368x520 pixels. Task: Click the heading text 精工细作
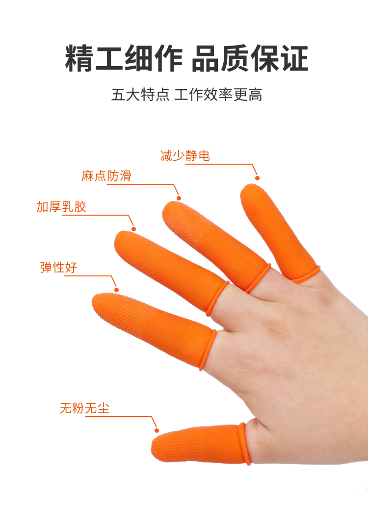(124, 58)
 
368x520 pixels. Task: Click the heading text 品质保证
(250, 58)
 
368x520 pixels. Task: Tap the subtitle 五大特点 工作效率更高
(186, 95)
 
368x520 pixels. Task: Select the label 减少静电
(185, 155)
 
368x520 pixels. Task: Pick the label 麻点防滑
(106, 176)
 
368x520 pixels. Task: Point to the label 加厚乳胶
(61, 207)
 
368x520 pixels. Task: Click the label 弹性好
(58, 267)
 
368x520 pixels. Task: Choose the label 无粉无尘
(84, 408)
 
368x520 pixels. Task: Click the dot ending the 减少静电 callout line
(257, 178)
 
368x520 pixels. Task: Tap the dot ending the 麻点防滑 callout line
(179, 198)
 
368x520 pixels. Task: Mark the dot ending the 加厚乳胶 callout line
(133, 229)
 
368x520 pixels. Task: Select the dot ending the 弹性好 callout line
(116, 290)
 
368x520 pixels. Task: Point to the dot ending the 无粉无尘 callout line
(157, 430)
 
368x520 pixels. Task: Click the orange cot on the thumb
(199, 445)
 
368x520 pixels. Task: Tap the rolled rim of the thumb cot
(245, 444)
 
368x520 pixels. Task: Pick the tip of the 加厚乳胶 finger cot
(120, 236)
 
